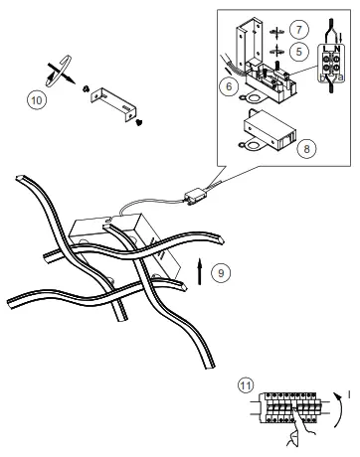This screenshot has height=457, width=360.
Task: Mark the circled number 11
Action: [x=246, y=384]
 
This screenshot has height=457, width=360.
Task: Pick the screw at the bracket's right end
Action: [x=136, y=122]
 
